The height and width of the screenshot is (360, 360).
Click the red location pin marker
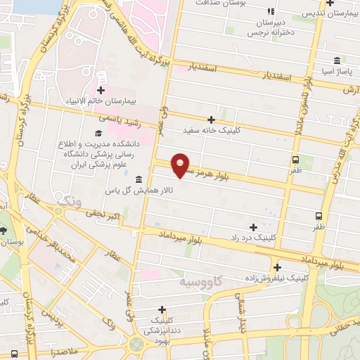(181, 165)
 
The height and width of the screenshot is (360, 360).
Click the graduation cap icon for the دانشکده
(98, 132)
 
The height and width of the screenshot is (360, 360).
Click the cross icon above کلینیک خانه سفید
(211, 120)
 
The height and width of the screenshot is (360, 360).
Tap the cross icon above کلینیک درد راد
(253, 226)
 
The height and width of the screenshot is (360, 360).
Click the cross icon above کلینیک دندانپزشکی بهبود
(162, 309)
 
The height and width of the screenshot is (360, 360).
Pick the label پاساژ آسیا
(337, 72)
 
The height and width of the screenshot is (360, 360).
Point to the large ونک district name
(68, 202)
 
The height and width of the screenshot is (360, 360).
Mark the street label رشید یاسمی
(134, 120)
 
